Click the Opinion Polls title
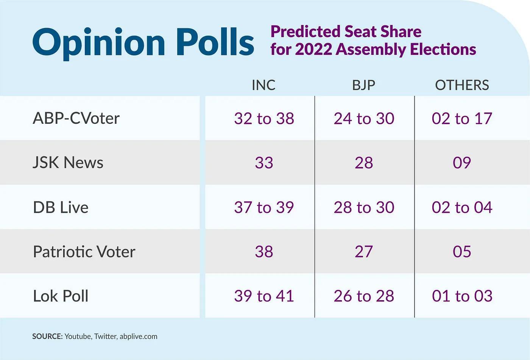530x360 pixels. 143,42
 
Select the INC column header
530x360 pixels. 263,85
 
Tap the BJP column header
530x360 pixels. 363,85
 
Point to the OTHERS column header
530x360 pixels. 462,85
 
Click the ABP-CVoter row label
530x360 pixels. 76,118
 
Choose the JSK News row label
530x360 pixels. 68,163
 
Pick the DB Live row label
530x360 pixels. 61,207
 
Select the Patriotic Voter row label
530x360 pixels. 84,252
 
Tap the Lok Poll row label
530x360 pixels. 61,296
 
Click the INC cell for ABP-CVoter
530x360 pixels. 264,118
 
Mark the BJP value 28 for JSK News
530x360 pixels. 364,163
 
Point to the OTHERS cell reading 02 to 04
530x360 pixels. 462,207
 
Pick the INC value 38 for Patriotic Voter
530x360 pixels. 264,252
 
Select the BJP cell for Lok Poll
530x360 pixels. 364,296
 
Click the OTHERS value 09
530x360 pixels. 462,163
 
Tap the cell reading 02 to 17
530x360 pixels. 462,118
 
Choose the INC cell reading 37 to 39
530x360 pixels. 264,207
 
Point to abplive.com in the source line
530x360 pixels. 138,337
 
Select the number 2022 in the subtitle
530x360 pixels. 313,50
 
